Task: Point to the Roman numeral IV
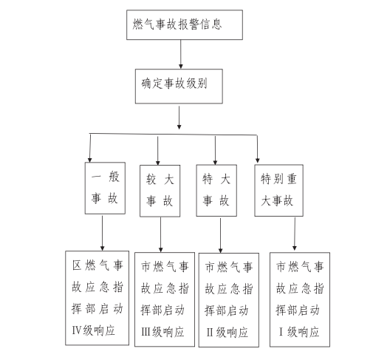click(x=77, y=330)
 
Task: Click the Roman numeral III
click(x=146, y=332)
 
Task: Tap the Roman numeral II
click(x=210, y=333)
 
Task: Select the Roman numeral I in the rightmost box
click(x=281, y=332)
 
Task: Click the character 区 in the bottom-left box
click(x=77, y=265)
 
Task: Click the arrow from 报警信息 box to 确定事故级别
click(x=181, y=54)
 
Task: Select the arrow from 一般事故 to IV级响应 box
click(x=103, y=234)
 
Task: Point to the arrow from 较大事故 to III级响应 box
click(x=160, y=234)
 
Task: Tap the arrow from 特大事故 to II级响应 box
click(x=220, y=236)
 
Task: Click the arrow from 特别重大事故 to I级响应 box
click(x=295, y=234)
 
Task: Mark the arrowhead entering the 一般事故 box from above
click(x=90, y=160)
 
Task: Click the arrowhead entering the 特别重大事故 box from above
click(x=258, y=160)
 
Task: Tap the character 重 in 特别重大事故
click(x=292, y=179)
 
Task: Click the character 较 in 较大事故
click(x=151, y=179)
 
